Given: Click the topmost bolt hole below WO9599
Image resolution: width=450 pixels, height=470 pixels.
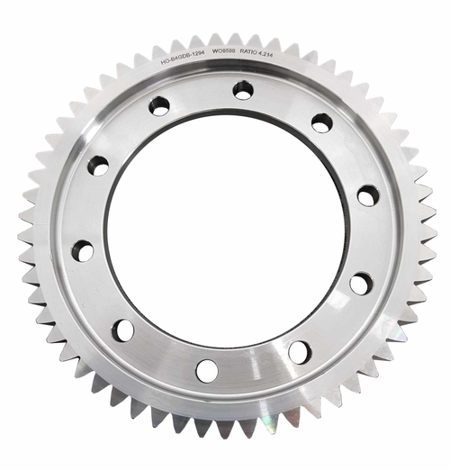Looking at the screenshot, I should click(243, 90).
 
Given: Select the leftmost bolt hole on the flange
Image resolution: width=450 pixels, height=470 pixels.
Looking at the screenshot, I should click(83, 251).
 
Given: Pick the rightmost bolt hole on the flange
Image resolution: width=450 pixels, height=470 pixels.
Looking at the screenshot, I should click(367, 195).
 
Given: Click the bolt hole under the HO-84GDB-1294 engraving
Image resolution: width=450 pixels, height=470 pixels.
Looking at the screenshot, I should click(159, 106).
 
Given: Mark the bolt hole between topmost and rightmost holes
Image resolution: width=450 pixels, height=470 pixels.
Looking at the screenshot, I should click(321, 122).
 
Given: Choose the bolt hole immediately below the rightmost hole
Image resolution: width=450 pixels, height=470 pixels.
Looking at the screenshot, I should click(361, 284).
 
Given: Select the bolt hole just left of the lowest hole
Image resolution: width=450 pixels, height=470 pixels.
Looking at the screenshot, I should click(123, 330).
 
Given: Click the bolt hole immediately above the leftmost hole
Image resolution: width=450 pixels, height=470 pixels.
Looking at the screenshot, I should click(97, 166).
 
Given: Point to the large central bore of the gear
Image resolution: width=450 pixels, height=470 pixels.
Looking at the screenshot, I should click(225, 230).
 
